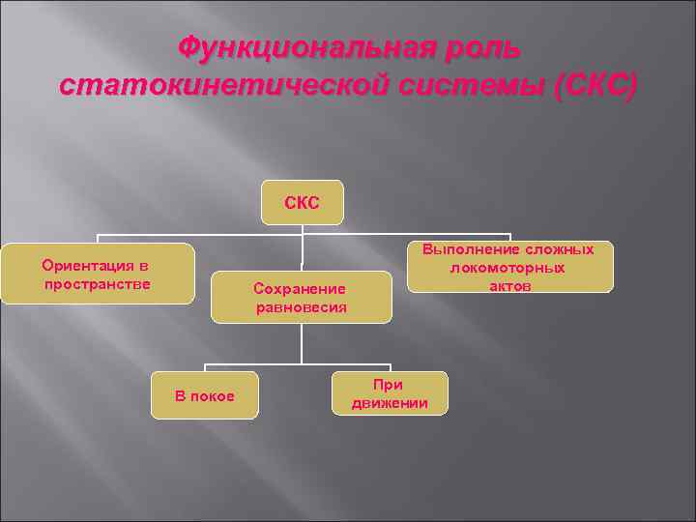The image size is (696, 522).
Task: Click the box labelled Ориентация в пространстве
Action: (97, 275)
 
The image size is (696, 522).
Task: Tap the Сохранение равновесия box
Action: (301, 298)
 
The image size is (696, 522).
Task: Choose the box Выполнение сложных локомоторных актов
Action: (509, 268)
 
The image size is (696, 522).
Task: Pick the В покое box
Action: (204, 395)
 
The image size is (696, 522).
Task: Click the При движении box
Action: (390, 393)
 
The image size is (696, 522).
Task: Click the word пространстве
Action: (97, 283)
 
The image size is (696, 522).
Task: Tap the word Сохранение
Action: (299, 288)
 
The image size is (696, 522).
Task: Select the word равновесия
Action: (301, 307)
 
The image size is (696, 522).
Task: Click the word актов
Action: (508, 286)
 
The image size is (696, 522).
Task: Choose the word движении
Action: (390, 403)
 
